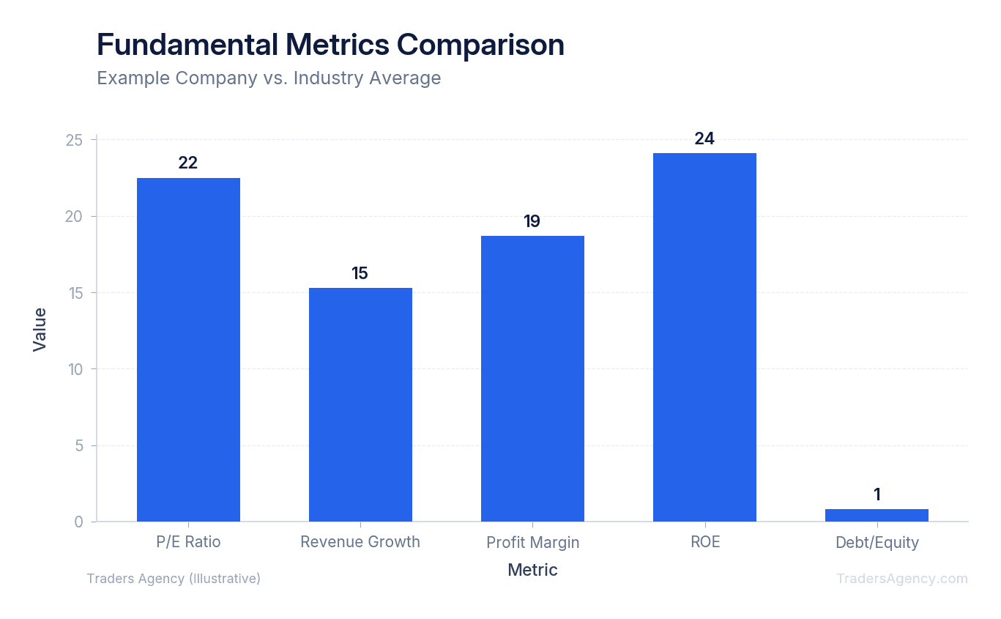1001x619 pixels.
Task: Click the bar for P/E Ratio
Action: point(188,349)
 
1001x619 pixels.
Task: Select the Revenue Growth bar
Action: point(360,404)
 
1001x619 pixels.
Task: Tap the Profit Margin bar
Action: point(532,378)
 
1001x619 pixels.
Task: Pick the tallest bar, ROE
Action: point(704,337)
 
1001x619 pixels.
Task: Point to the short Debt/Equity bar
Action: point(877,516)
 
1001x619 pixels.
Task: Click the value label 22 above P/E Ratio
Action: point(188,163)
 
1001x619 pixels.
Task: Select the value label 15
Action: point(360,273)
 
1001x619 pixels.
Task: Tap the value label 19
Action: point(532,221)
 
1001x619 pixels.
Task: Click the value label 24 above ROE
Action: point(704,138)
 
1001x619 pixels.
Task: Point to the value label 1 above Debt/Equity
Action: point(877,494)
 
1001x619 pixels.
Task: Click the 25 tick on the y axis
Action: point(75,140)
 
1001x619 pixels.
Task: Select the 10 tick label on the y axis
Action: point(75,369)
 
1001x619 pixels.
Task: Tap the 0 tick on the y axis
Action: point(79,522)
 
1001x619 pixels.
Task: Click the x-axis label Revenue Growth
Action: point(360,542)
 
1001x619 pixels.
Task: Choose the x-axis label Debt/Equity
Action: point(877,543)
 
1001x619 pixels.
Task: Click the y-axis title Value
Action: point(40,330)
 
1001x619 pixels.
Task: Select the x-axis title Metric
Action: point(532,570)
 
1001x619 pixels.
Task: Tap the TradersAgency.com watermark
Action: point(902,579)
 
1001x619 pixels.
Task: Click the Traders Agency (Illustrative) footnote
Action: point(174,579)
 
